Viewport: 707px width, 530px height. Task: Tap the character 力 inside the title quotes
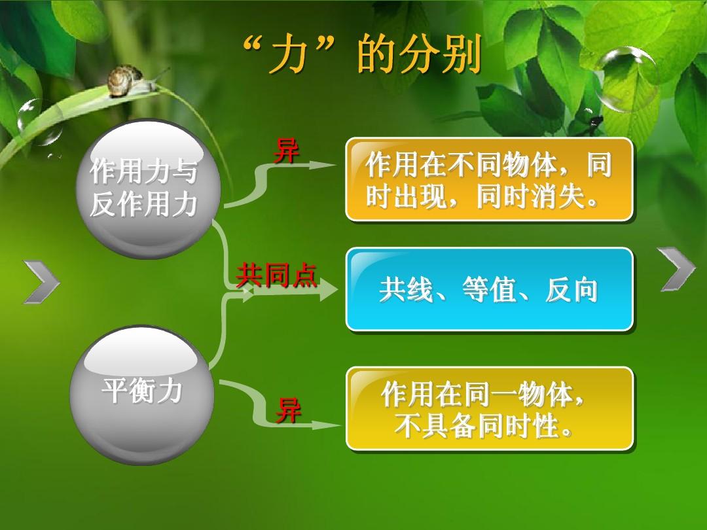289,56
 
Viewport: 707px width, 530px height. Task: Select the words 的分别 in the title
419,54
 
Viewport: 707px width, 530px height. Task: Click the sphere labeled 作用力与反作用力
149,189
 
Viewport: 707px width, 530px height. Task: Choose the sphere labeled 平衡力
142,395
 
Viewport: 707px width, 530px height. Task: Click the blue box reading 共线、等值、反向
489,289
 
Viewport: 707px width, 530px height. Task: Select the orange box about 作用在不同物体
489,179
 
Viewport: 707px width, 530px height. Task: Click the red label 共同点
276,275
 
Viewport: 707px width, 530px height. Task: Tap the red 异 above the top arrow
287,150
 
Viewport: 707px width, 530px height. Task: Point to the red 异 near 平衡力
288,410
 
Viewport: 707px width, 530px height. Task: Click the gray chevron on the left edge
41,281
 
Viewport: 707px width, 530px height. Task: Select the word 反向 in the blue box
571,289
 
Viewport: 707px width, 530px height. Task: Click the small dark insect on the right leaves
595,120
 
